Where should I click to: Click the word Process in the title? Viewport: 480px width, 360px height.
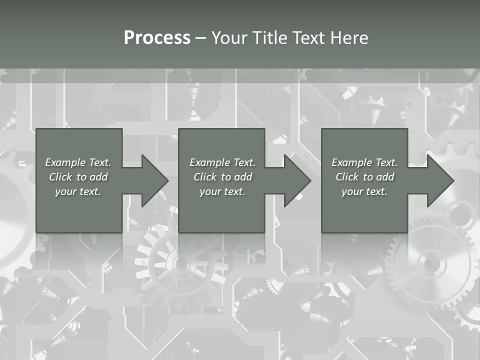(x=157, y=38)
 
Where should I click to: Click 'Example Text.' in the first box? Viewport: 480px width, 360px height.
(x=78, y=162)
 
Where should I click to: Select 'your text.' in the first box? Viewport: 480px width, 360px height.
(x=78, y=191)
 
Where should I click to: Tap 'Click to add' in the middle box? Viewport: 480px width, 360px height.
(x=222, y=177)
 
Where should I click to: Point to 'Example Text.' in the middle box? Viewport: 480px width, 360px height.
(x=222, y=162)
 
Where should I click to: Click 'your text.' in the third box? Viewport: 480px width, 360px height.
(x=364, y=191)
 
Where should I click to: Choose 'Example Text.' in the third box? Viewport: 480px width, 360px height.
(x=364, y=162)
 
